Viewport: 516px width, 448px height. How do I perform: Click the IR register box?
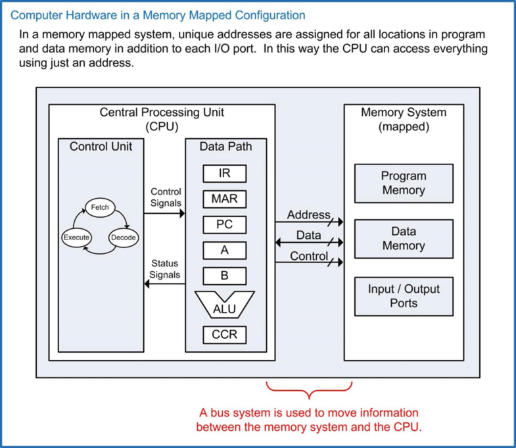pos(225,173)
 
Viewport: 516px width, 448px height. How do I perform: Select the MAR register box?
pos(225,199)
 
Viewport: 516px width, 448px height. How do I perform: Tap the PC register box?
pos(225,224)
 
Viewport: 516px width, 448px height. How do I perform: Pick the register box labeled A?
pos(225,250)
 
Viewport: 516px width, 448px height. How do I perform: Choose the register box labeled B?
pos(225,276)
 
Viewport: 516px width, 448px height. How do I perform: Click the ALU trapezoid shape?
pos(225,305)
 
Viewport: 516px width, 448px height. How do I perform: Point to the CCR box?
pos(225,334)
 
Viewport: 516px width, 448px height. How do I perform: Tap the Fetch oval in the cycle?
pos(100,208)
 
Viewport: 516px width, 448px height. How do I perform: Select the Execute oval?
pos(76,237)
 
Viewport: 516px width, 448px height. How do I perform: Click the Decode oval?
pos(122,237)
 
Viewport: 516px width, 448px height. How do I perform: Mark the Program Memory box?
pos(404,183)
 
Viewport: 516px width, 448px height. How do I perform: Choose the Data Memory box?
pos(404,239)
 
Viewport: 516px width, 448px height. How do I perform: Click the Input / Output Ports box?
pos(404,296)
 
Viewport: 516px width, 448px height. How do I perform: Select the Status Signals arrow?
pos(165,284)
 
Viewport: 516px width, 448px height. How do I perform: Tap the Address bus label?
pos(308,215)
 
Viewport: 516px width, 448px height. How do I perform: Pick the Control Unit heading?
pos(101,146)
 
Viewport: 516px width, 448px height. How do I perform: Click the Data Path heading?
pos(225,146)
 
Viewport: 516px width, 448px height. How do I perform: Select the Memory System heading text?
pos(404,112)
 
